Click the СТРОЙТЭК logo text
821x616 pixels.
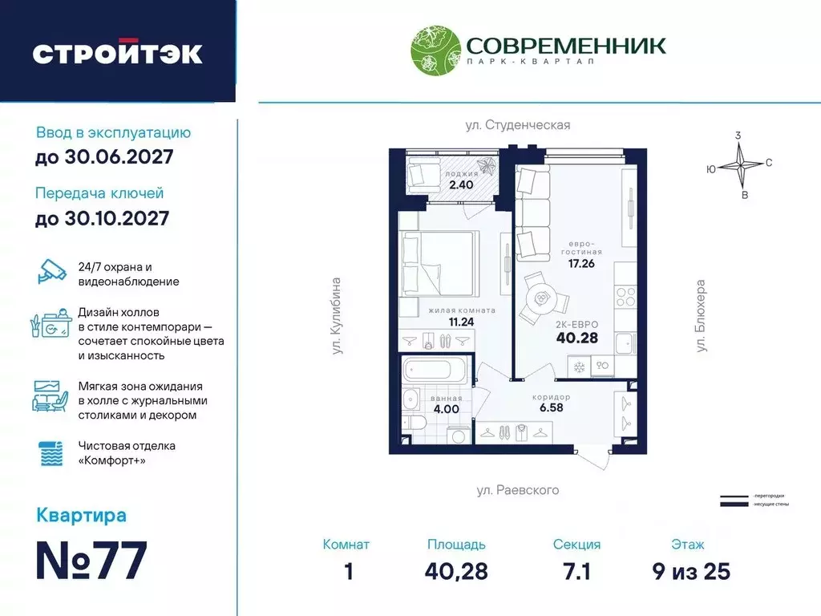click(x=117, y=52)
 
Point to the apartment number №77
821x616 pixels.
click(x=92, y=561)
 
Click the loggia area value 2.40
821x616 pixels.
click(x=462, y=184)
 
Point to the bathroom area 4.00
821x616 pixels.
click(x=446, y=409)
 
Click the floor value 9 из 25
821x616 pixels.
click(x=690, y=571)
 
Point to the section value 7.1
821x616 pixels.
click(x=576, y=571)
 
